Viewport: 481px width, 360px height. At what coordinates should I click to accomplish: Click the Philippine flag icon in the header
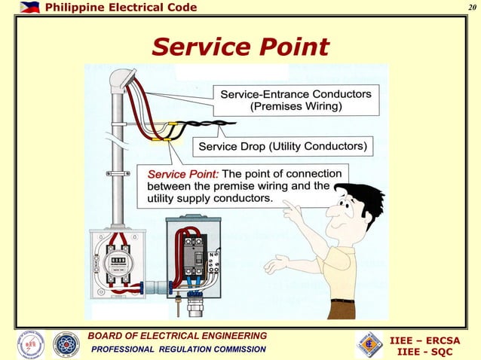(x=29, y=8)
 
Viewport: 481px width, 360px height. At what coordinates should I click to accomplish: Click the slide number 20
(x=470, y=8)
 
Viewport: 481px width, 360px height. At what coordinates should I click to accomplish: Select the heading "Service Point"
(x=240, y=47)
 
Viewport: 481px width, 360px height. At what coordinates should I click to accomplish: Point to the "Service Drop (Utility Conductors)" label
(x=283, y=145)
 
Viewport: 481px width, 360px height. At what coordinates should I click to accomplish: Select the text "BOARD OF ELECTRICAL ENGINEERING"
(x=176, y=336)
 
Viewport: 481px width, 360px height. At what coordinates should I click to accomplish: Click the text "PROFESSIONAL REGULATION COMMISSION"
(x=179, y=349)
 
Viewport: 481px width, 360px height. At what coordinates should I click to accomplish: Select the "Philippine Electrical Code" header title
(x=121, y=8)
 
